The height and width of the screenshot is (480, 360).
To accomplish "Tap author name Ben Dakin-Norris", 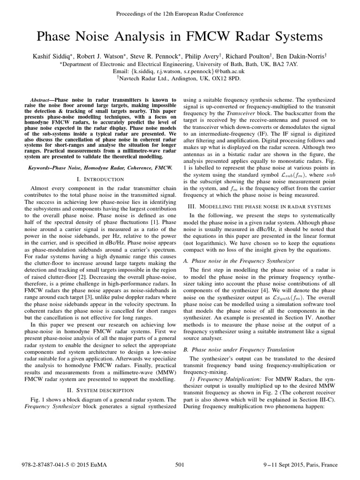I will tap(305, 56).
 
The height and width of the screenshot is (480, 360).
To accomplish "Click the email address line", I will tap(180, 71).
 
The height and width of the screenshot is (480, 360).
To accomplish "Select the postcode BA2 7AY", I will tap(288, 63).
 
